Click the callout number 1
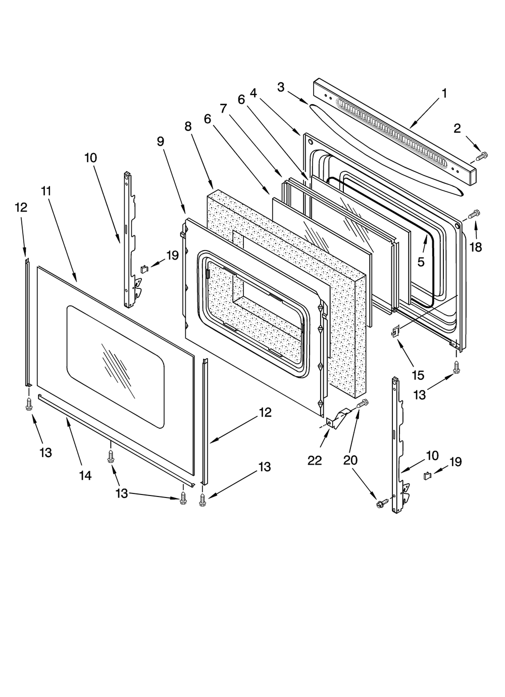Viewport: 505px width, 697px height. (444, 93)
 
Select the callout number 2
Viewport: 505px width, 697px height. (457, 128)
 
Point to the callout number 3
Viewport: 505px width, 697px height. (281, 87)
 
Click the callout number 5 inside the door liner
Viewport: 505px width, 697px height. (421, 262)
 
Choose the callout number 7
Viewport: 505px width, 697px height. (223, 108)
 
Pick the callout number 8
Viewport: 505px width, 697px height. (188, 126)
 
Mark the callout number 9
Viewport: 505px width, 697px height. (161, 141)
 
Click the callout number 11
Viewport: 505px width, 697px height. (46, 191)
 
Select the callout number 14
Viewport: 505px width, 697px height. (85, 475)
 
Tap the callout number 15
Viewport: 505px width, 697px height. (418, 375)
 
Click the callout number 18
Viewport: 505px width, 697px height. (476, 247)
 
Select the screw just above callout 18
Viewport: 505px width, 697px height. (474, 215)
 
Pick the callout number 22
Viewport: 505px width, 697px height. (315, 460)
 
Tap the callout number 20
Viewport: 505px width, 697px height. (350, 460)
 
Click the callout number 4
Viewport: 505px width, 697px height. (253, 93)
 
